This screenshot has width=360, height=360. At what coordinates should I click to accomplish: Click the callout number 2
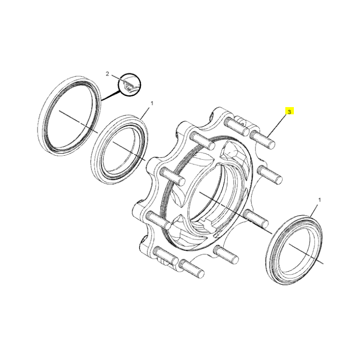107,74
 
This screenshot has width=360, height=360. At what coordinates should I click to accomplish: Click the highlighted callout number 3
289,112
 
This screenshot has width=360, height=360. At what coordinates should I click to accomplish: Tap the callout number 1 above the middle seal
152,103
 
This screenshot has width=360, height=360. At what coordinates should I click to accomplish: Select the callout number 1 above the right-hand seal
319,200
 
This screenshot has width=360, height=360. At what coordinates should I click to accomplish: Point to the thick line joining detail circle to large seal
111,96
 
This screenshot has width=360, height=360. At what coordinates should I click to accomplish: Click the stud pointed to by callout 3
262,139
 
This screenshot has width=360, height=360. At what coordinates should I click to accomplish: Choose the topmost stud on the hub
237,126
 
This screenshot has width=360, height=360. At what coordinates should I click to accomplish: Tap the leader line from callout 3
276,126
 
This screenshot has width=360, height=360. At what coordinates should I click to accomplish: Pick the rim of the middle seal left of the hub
119,150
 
